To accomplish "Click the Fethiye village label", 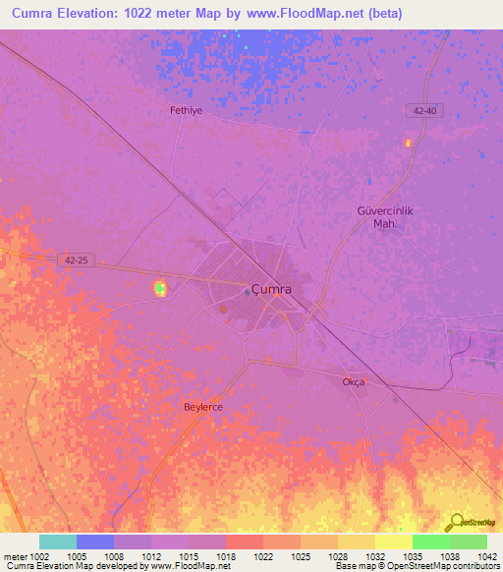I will [186, 111].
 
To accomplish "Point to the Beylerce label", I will [204, 406].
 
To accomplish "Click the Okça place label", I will [354, 381].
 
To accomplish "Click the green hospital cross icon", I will [159, 288].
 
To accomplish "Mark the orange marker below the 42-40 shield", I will [408, 143].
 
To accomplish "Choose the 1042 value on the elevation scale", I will [487, 557].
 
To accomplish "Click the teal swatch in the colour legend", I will [58, 542].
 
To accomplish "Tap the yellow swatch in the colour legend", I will [393, 542].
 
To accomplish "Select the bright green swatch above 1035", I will [430, 542].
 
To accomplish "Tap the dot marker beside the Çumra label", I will [246, 290].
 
